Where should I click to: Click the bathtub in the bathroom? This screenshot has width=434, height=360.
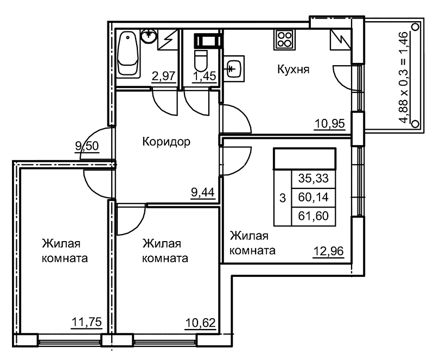click(x=128, y=54)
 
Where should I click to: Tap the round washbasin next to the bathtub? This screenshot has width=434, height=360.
click(x=148, y=37)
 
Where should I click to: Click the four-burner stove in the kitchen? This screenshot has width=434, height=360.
click(x=284, y=38)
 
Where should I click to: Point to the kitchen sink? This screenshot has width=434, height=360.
click(x=234, y=68)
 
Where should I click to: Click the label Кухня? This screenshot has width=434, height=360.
click(x=293, y=70)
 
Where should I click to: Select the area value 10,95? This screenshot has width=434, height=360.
click(x=330, y=123)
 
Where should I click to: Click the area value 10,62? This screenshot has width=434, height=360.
click(x=201, y=322)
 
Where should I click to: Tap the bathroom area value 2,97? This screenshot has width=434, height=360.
click(x=163, y=75)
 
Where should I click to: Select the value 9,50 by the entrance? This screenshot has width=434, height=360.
click(x=87, y=145)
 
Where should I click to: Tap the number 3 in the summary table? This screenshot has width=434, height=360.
click(x=282, y=198)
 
